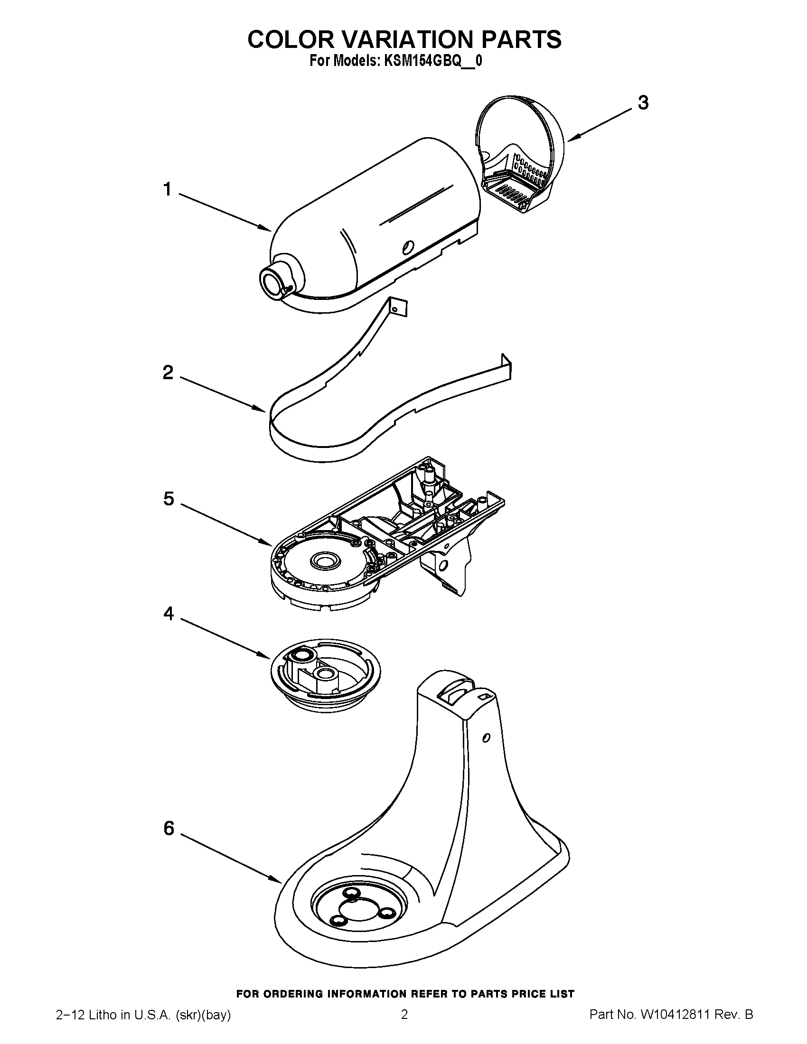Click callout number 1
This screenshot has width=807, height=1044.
click(x=167, y=190)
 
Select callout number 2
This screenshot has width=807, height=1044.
click(x=168, y=373)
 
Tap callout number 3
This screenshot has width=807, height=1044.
click(x=643, y=103)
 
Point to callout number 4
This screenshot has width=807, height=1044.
click(x=169, y=613)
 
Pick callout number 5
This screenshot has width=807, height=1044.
click(x=169, y=499)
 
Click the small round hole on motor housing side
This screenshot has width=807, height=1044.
click(x=407, y=247)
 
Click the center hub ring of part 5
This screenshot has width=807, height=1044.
click(x=325, y=560)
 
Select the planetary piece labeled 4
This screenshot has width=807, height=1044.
click(x=325, y=675)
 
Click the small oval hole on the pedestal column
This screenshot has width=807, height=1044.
click(x=486, y=738)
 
